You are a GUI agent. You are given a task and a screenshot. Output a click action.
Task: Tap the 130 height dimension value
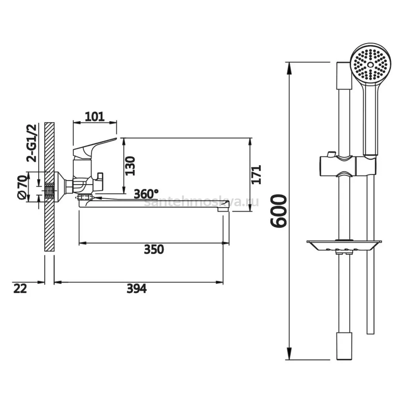(130, 166)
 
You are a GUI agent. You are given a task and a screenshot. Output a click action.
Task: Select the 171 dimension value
(257, 175)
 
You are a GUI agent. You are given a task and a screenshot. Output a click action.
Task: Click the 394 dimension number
(137, 289)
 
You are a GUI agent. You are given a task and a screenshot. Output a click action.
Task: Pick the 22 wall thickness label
(20, 289)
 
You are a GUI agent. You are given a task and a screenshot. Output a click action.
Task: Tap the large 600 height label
(278, 211)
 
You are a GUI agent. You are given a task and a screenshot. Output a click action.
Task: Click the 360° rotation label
(146, 194)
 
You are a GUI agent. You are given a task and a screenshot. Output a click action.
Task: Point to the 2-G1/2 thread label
(31, 143)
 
